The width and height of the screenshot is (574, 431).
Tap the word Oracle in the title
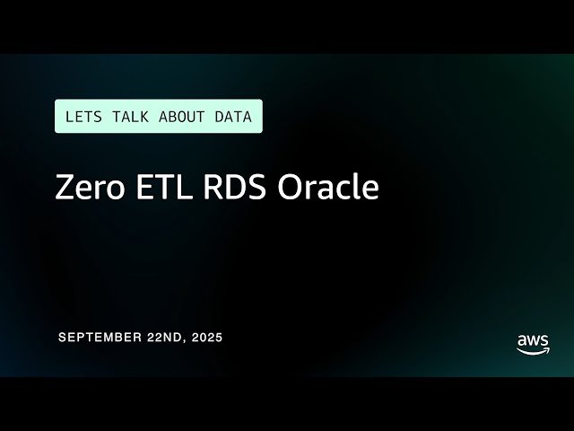point(328,189)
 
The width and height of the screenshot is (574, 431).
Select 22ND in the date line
point(161,338)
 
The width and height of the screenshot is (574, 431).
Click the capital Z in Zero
point(65,189)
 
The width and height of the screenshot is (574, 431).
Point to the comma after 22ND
point(184,341)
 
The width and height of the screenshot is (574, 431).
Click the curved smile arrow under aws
point(534,351)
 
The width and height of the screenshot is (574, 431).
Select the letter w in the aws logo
point(533,340)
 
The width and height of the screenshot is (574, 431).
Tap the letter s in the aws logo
point(544,340)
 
